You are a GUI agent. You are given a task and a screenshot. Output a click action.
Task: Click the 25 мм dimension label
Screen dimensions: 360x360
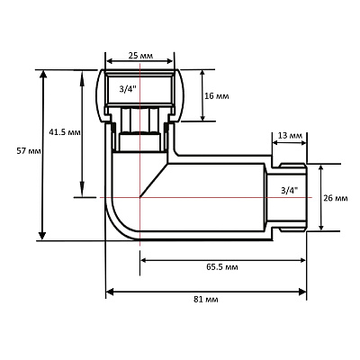point(140,56)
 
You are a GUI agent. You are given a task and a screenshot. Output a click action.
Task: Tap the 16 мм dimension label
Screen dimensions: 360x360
point(216,96)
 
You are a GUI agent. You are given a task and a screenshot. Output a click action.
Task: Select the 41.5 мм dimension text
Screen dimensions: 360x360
point(65,132)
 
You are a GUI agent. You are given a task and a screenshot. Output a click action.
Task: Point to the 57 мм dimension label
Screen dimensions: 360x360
point(29,151)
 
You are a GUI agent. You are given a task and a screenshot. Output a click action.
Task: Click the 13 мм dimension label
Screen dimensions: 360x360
point(290,135)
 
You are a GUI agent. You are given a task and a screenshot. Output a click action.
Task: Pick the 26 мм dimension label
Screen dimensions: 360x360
point(336,198)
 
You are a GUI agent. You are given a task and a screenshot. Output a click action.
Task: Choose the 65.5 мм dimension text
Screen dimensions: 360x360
point(222,266)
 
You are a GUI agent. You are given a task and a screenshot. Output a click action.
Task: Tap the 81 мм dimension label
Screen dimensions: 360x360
point(206,300)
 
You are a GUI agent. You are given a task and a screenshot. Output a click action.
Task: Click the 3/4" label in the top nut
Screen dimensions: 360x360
point(128,89)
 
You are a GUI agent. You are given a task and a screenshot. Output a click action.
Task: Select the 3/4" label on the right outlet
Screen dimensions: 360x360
point(290,190)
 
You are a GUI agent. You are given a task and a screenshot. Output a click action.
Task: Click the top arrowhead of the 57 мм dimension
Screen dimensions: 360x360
point(43,74)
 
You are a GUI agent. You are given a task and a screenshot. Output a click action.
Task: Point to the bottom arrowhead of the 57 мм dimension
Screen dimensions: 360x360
point(42,237)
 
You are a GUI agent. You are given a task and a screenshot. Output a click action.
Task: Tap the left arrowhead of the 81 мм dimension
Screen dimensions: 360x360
point(111,292)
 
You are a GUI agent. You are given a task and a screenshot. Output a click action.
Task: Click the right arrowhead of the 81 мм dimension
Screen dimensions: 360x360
point(301,292)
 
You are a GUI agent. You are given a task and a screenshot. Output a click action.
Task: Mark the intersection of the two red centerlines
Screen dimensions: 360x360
point(139,197)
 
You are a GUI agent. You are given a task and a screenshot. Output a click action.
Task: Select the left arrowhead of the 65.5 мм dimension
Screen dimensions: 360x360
point(143,260)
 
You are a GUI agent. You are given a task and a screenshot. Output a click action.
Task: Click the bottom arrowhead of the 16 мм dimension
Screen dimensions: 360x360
point(202,118)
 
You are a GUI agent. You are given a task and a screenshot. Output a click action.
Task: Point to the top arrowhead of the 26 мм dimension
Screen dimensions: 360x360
point(321,167)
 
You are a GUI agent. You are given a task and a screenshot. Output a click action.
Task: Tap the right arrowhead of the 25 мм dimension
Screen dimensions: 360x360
point(170,61)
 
